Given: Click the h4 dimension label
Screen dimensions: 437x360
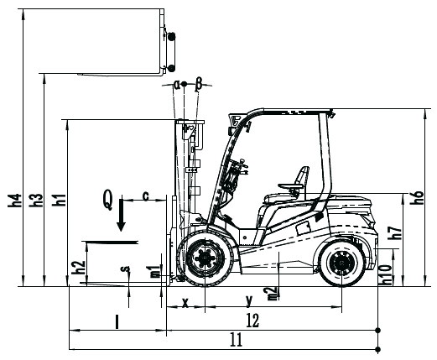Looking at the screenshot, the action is coord(15,200).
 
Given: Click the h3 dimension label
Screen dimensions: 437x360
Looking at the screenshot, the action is coord(36,200).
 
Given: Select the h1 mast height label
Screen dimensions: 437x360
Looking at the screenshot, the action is coord(59,200).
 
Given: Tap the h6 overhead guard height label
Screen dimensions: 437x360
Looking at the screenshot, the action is coord(417,197).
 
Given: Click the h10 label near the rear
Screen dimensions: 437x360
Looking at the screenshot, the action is coord(386,275).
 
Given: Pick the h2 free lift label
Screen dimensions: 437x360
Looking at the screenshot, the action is coord(79,267).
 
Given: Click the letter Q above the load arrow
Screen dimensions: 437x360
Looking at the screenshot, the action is coord(108,200).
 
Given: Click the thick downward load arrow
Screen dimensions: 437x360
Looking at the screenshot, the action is coord(121,215).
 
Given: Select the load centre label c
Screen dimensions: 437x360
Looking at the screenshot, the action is coord(146,196).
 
